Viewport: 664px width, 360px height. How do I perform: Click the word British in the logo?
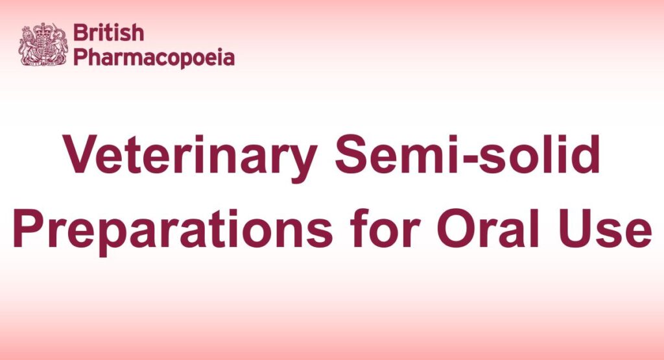[108, 32]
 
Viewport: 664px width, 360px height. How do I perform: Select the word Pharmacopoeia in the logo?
[154, 57]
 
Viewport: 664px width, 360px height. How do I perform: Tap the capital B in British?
[80, 32]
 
